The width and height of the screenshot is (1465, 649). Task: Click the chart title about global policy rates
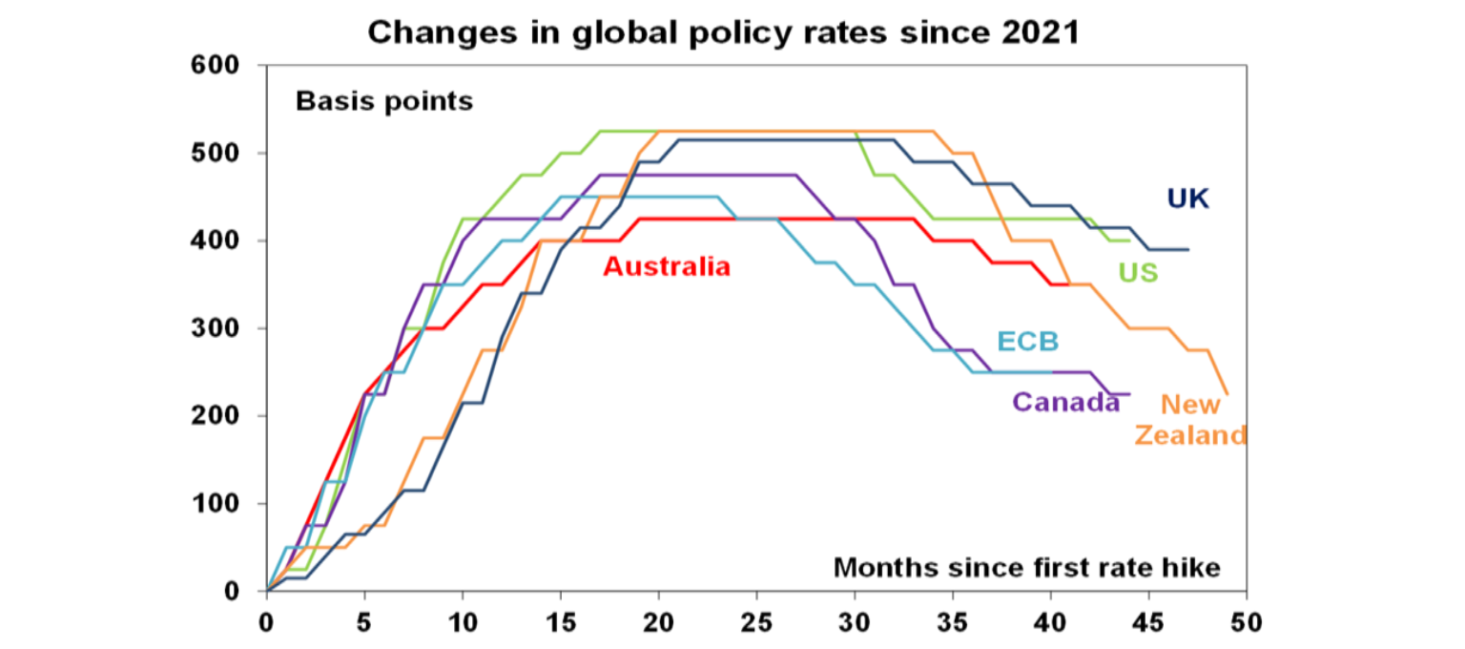(724, 31)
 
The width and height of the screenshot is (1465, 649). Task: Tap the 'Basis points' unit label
(383, 101)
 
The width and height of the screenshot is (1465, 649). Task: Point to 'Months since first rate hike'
(1026, 568)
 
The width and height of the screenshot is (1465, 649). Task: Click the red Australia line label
(667, 266)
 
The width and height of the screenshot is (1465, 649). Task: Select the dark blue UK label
(1187, 199)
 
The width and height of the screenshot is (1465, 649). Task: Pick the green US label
(1138, 273)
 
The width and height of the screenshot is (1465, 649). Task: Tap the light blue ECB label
(1028, 342)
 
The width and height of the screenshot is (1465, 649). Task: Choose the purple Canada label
(1065, 402)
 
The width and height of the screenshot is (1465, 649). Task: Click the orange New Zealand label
(1189, 420)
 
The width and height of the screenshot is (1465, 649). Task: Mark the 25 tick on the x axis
(756, 622)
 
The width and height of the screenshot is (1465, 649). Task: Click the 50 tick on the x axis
(1246, 622)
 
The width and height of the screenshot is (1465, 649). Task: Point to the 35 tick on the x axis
(952, 622)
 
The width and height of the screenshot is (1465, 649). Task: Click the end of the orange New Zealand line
(1227, 393)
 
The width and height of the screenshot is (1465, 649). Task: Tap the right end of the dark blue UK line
(1187, 249)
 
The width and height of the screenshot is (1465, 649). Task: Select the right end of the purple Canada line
(1128, 393)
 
